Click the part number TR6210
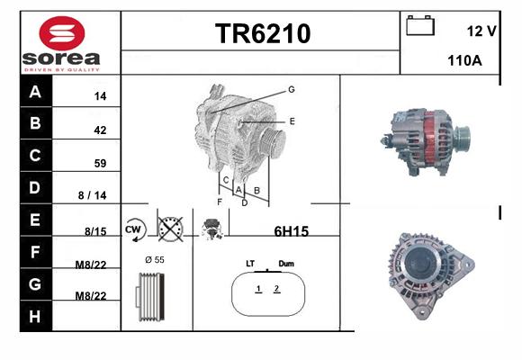click(x=263, y=33)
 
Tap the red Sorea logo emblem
click(x=62, y=33)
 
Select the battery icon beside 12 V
click(x=420, y=25)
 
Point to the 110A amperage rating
click(x=464, y=60)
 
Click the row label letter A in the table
click(x=35, y=92)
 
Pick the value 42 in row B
click(x=100, y=130)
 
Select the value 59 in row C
click(x=100, y=163)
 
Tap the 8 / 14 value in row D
click(x=92, y=195)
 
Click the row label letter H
click(x=35, y=317)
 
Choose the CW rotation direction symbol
click(x=134, y=229)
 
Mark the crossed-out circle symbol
click(x=170, y=229)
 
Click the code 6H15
click(x=292, y=231)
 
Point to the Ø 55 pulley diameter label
click(x=155, y=260)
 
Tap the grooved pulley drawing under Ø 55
click(x=150, y=297)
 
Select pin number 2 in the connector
click(x=276, y=288)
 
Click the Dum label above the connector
click(x=286, y=264)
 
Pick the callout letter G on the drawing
click(x=292, y=90)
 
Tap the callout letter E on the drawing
click(x=292, y=121)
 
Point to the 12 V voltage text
click(x=481, y=31)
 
